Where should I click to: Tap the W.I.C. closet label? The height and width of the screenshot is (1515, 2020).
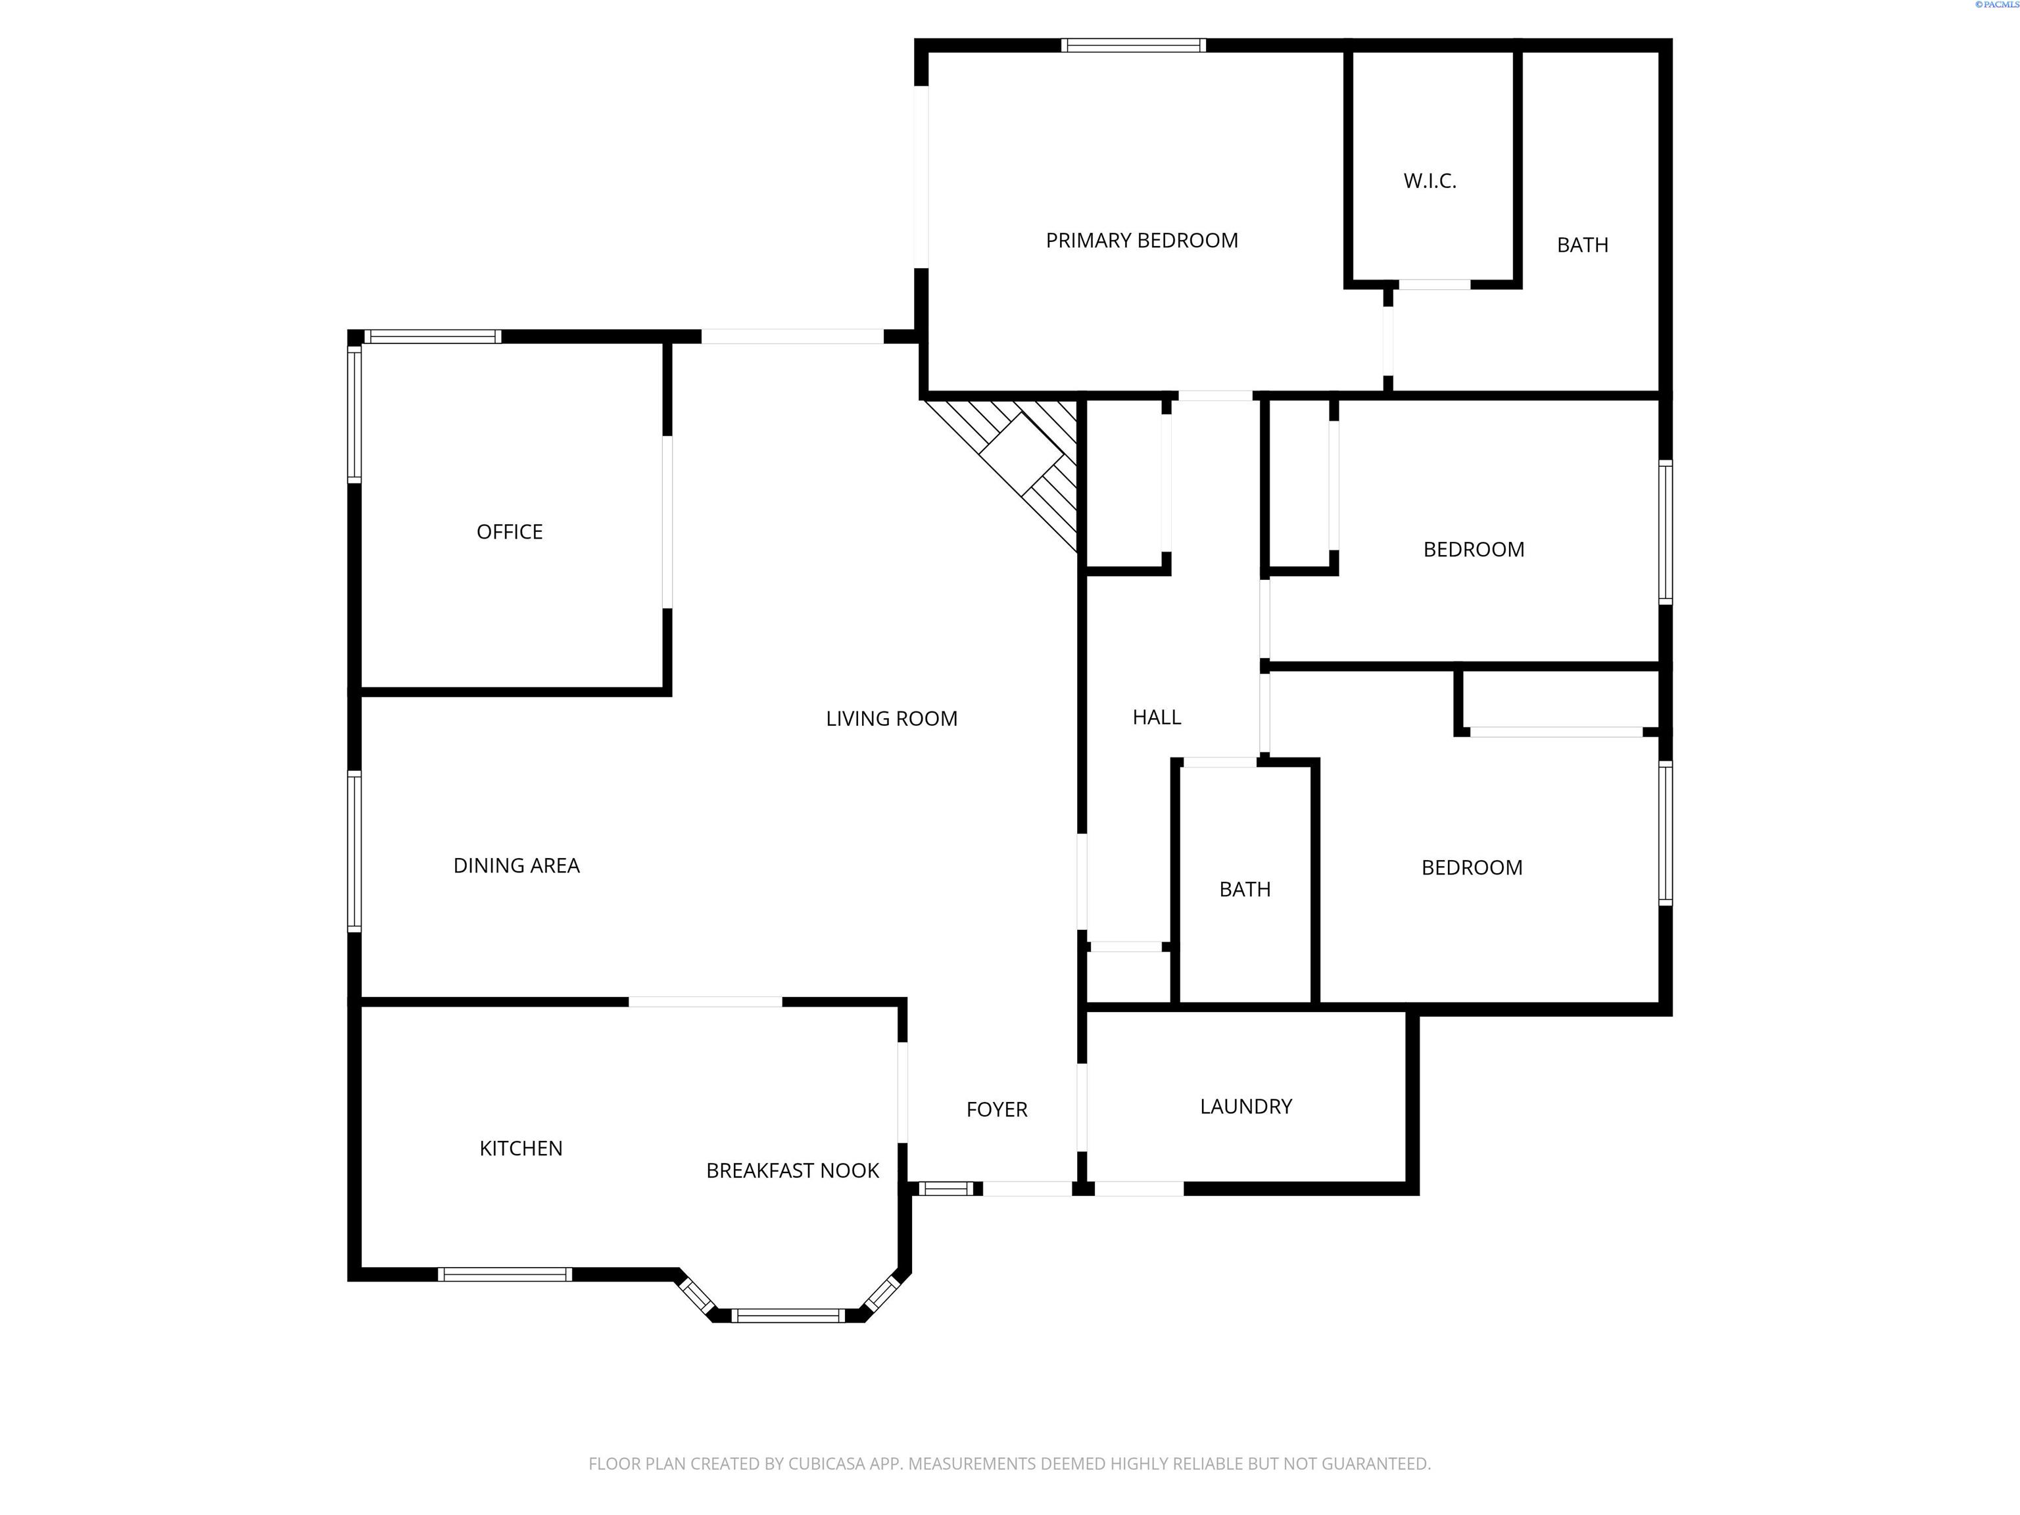[1429, 181]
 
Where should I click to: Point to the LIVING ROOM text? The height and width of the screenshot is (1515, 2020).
[891, 719]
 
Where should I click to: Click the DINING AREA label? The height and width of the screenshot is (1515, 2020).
[516, 866]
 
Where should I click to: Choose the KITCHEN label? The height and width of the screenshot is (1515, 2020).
[521, 1149]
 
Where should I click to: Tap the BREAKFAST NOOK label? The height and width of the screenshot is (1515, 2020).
[792, 1170]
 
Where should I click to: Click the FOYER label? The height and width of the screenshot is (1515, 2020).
[996, 1109]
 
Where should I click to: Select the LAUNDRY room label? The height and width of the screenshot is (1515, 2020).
[1245, 1107]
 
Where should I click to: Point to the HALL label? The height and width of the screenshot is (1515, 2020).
[1156, 718]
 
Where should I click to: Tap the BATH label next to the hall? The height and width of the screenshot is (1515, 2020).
[1245, 890]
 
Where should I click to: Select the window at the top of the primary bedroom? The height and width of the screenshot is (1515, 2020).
[1133, 45]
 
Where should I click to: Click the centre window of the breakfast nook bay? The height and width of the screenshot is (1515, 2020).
[787, 1316]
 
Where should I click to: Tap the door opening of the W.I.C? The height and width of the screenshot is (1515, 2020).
[1433, 285]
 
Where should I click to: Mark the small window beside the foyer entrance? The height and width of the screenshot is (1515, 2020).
[945, 1188]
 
